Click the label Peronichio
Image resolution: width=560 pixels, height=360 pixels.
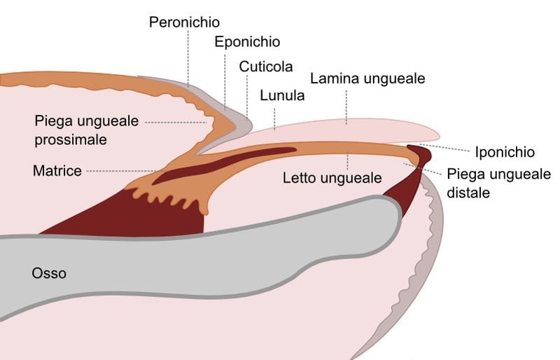point(184,22)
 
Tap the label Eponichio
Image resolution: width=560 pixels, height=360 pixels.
point(246,42)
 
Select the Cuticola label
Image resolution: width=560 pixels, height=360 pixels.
point(265,67)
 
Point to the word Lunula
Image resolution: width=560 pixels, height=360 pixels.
point(282,95)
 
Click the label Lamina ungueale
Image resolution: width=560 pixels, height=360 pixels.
point(367,78)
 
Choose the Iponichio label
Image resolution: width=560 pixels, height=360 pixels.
point(504,152)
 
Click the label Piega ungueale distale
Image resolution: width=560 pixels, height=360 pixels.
point(498,182)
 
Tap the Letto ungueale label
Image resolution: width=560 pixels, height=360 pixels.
point(332,178)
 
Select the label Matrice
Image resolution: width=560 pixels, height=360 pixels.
point(57,170)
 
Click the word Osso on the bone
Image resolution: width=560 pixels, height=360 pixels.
point(49,273)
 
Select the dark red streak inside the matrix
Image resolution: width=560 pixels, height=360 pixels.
point(224,165)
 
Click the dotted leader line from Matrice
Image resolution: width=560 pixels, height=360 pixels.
point(126,171)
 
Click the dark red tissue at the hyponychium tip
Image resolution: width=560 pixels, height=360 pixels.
point(420,152)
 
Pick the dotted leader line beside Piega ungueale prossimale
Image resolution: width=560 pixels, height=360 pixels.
point(175,122)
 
